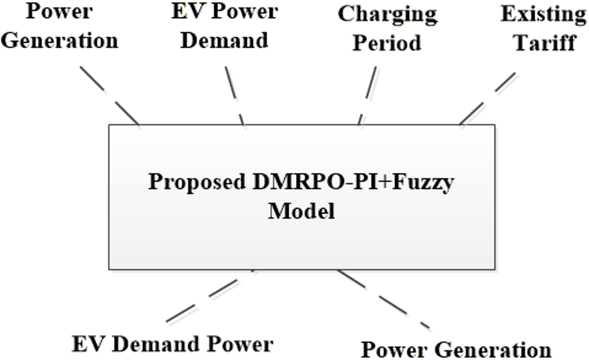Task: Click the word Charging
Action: (x=387, y=15)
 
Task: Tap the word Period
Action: (x=387, y=43)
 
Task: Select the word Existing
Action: (x=543, y=15)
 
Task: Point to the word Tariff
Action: (x=545, y=43)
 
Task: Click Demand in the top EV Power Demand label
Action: (x=224, y=40)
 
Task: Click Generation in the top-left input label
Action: (x=59, y=40)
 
